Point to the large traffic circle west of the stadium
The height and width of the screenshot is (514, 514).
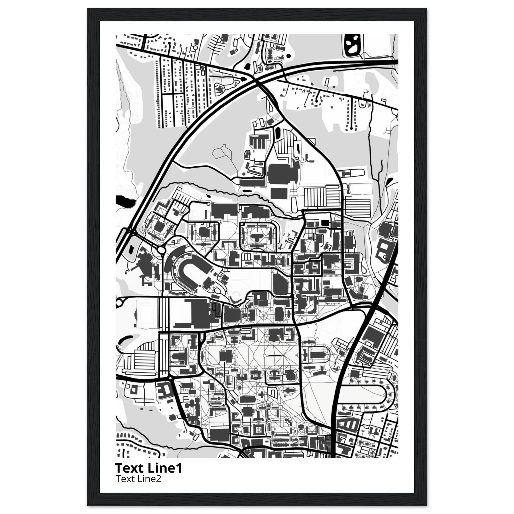click(161, 250)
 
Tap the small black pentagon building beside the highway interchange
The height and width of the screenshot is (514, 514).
click(130, 249)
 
